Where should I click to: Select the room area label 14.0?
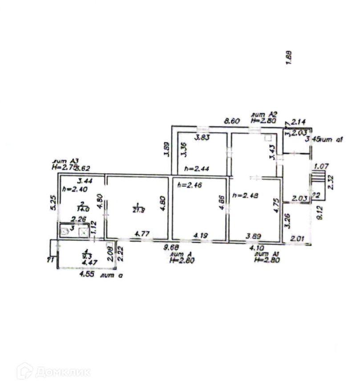point(81,208)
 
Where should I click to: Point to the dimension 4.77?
point(142,233)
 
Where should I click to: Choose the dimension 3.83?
point(202,138)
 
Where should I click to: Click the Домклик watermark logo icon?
point(25,371)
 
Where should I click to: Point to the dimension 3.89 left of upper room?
point(166,149)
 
